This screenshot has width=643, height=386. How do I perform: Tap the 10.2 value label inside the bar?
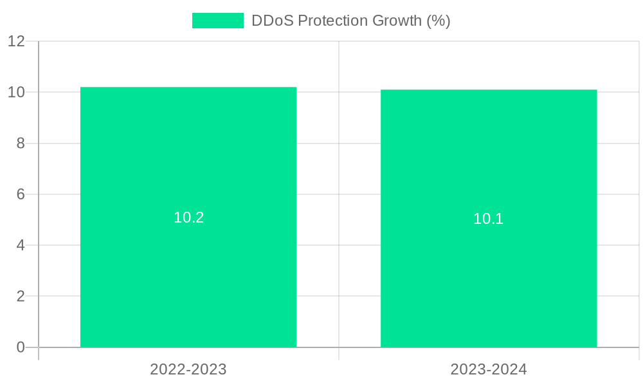[x=188, y=217]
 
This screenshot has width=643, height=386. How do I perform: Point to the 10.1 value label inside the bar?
[x=489, y=219]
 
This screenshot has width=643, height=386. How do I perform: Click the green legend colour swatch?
[x=218, y=21]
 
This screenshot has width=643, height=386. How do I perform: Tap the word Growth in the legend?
[x=399, y=21]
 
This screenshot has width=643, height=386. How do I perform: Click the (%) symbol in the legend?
[x=439, y=21]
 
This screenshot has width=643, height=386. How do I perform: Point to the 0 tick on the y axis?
[x=21, y=347]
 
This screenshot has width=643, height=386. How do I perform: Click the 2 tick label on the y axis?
[x=21, y=297]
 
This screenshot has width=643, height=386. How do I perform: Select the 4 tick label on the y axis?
[x=21, y=245]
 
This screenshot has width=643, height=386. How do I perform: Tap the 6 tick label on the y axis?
[x=21, y=194]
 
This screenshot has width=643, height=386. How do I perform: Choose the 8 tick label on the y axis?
[x=21, y=143]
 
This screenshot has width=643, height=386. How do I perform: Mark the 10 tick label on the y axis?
[x=17, y=92]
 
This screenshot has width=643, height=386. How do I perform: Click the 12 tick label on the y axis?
[x=17, y=41]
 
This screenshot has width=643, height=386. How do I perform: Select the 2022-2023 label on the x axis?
[x=188, y=369]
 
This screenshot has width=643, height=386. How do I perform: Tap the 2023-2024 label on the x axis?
[x=489, y=369]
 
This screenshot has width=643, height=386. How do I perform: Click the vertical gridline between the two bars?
[x=339, y=193]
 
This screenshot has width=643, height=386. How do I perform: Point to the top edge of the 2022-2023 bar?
[x=188, y=87]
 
